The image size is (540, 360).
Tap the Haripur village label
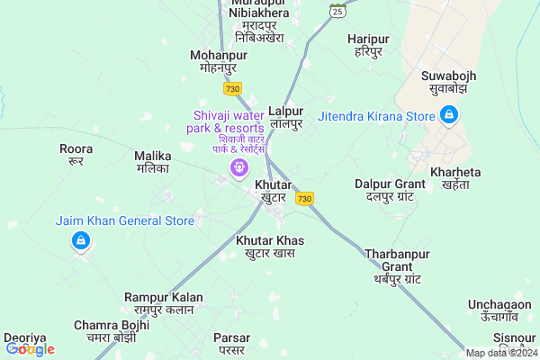[x=367, y=45]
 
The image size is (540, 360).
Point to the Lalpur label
[x=285, y=116]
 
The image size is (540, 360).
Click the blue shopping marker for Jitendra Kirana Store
[x=449, y=115]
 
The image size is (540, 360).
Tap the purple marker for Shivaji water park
[x=238, y=166]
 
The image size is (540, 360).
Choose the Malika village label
[x=152, y=161]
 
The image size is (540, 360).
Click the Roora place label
[x=76, y=154]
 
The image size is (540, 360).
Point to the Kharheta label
[x=456, y=177]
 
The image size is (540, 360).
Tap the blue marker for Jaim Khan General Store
[x=81, y=240]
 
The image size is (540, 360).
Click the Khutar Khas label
[x=270, y=247]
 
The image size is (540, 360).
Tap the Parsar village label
[x=231, y=343]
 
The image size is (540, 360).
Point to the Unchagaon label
[x=499, y=311]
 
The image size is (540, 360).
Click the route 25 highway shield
[x=337, y=11]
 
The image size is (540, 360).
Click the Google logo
[x=30, y=348]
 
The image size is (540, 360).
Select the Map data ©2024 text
[x=500, y=352]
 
